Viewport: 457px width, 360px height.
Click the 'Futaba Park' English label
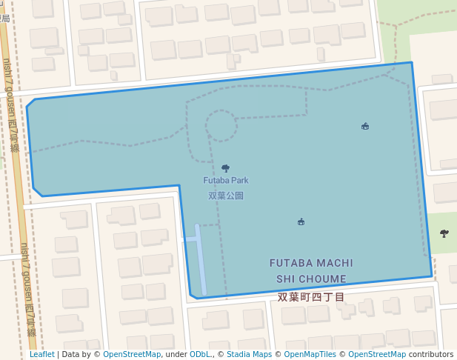[x=226, y=180]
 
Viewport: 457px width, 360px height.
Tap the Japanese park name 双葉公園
[x=226, y=196]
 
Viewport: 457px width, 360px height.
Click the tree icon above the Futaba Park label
[x=225, y=168]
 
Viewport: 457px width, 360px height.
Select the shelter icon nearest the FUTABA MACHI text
[x=301, y=221]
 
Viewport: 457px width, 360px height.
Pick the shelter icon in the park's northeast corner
[x=365, y=127]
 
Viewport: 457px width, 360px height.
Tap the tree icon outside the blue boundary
[x=444, y=233]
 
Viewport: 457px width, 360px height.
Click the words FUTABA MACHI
[x=311, y=263]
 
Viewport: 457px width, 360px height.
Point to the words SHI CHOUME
[x=311, y=279]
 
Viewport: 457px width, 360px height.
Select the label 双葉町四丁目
[x=311, y=296]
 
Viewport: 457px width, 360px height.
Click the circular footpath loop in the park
[x=221, y=126]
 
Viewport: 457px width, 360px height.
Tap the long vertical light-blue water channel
[x=200, y=256]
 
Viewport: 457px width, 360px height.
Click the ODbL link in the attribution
[x=200, y=354]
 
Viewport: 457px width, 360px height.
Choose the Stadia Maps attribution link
[x=249, y=354]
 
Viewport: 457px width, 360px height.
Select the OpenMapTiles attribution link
[x=310, y=354]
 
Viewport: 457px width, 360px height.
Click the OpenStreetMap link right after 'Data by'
[x=132, y=354]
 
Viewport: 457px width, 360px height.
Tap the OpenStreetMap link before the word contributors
[x=377, y=354]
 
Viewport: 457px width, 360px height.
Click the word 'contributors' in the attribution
[x=431, y=354]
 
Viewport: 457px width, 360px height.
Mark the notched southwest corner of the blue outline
[x=191, y=296]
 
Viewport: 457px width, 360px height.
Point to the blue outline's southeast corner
[x=432, y=276]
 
